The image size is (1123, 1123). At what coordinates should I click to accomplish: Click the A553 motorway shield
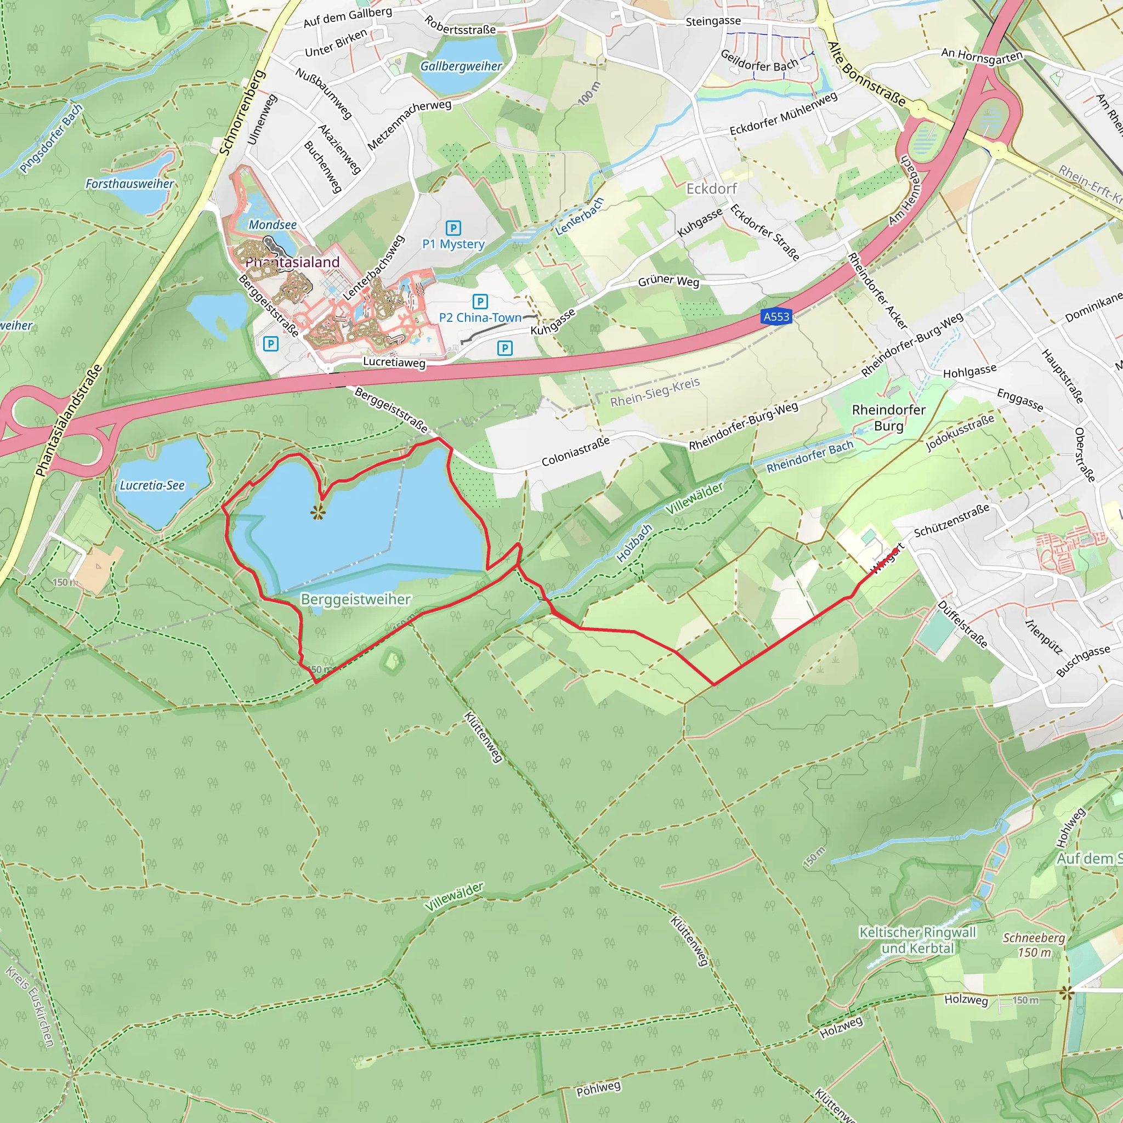pos(776,317)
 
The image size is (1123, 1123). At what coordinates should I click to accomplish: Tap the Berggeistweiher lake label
pos(356,599)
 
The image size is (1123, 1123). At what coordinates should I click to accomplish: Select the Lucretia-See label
pos(152,485)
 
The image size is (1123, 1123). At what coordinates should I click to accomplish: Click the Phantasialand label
pos(293,263)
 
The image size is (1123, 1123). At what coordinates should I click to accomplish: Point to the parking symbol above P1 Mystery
pos(453,228)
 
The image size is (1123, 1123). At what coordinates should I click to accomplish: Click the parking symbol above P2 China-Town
pos(480,302)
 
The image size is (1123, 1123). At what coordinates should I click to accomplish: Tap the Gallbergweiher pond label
pos(461,66)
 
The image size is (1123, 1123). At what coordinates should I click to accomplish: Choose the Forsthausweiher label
pos(129,184)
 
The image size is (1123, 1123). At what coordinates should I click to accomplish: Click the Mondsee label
pos(273,225)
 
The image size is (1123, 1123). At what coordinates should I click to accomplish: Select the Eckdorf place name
pos(711,189)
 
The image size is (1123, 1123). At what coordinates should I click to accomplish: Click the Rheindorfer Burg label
pos(889,418)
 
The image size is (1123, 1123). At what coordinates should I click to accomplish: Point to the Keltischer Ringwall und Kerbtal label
pos(918,940)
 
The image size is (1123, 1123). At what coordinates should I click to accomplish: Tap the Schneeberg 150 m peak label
pos(1034,945)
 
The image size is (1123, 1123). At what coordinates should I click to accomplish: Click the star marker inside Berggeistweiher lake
pos(317,512)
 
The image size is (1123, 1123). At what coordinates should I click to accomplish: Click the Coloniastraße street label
pos(575,451)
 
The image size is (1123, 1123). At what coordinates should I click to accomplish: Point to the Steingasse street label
pos(713,21)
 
